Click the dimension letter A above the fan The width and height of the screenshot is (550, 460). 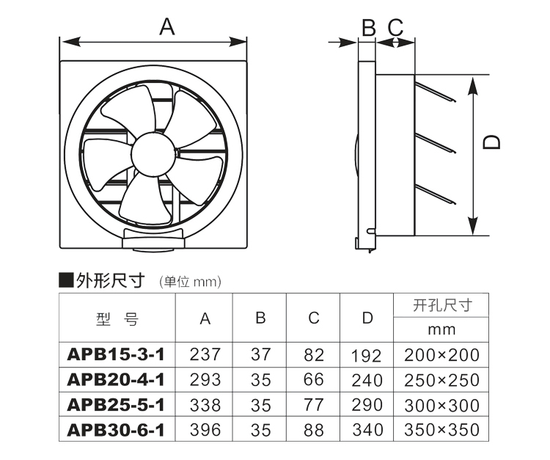pyautogui.click(x=167, y=26)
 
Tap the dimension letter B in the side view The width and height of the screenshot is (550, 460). pyautogui.click(x=369, y=27)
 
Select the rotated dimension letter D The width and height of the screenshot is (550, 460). pyautogui.click(x=491, y=142)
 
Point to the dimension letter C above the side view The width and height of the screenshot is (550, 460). pyautogui.click(x=396, y=27)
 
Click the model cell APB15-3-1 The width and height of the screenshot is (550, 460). pyautogui.click(x=116, y=354)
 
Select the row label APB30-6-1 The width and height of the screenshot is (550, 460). pyautogui.click(x=116, y=430)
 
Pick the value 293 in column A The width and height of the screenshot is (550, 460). pyautogui.click(x=205, y=379)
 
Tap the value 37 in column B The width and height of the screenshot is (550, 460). pyautogui.click(x=260, y=354)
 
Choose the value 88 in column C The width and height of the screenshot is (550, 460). pyautogui.click(x=314, y=430)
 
